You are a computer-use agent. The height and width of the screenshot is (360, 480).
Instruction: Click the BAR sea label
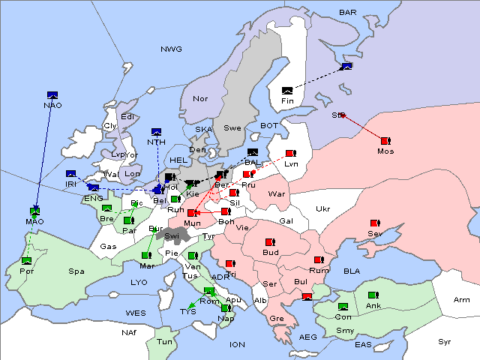348,12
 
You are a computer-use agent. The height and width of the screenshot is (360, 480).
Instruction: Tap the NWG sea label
171,49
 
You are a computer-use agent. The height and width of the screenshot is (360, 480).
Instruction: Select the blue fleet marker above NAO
52,94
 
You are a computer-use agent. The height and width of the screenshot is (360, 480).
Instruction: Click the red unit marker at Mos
385,141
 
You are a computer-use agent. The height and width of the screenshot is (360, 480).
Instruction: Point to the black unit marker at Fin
287,91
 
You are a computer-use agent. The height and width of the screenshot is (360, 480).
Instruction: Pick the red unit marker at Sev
375,223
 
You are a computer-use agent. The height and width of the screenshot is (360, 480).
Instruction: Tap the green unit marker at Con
343,307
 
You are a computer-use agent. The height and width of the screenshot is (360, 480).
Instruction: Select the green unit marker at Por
27,260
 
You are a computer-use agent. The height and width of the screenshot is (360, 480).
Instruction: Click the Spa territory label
76,271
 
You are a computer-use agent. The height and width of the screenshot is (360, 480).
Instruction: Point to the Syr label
445,342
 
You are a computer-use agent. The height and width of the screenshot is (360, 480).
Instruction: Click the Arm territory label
462,300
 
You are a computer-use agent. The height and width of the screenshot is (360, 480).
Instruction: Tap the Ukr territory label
323,209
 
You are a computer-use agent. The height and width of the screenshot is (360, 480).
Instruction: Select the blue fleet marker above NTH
156,132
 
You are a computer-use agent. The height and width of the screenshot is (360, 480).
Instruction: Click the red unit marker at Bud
271,242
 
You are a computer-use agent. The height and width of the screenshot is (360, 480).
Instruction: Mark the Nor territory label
200,99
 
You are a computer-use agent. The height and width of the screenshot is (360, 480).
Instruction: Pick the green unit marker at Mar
145,256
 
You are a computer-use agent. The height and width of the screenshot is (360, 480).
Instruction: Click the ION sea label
237,345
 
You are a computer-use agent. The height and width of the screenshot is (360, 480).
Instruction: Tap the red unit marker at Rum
319,260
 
